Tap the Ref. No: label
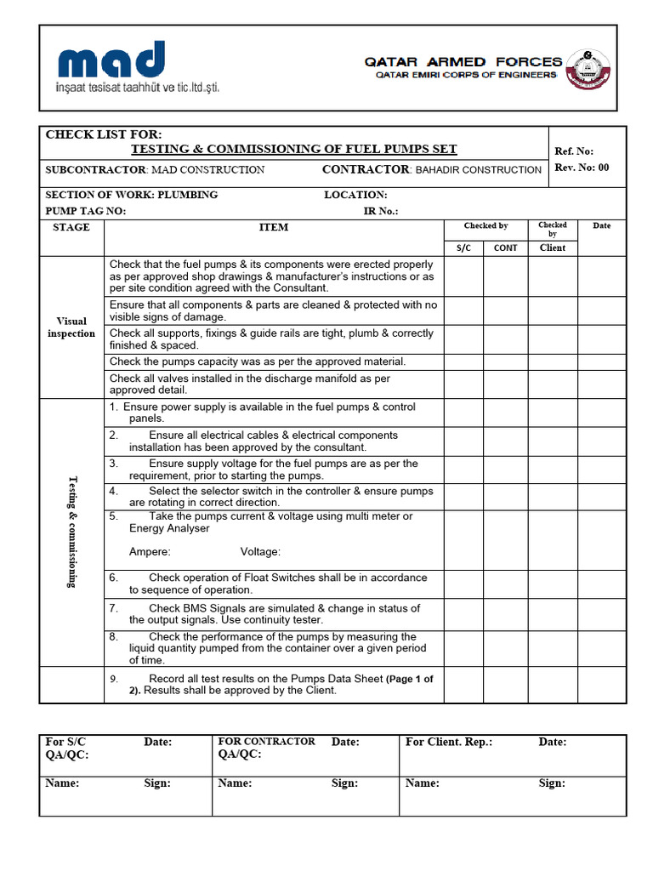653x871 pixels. [574, 151]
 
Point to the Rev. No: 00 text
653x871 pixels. [582, 168]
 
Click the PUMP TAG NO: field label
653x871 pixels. [85, 211]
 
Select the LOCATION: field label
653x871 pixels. [355, 195]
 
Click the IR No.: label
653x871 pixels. [380, 211]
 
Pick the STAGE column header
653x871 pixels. [71, 227]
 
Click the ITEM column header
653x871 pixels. [273, 227]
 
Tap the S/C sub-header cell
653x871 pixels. [463, 248]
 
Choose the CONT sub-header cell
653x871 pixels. [505, 248]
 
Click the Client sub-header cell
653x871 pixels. [552, 248]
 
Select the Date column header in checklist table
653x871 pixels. [601, 226]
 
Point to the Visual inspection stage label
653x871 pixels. [71, 327]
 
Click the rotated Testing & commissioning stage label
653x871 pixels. [71, 532]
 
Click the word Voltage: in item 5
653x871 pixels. [260, 552]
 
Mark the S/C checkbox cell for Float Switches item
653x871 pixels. [463, 584]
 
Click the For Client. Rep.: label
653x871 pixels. [448, 742]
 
